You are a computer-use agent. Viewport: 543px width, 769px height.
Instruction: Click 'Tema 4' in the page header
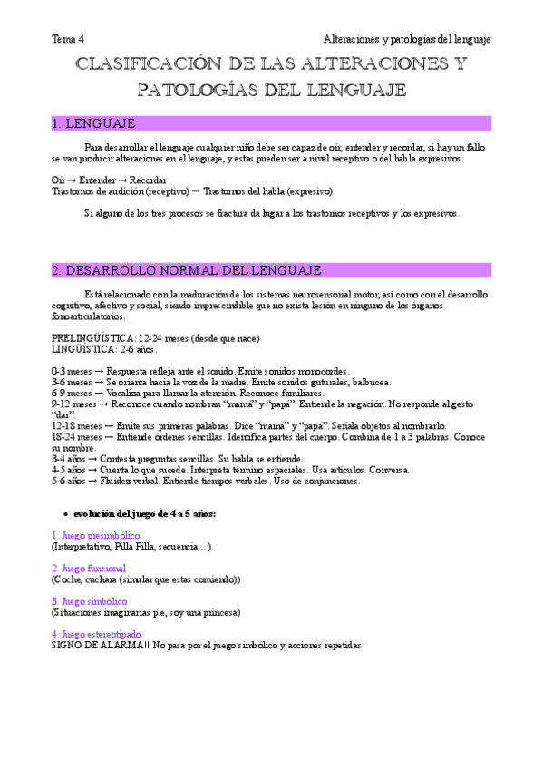click(x=67, y=39)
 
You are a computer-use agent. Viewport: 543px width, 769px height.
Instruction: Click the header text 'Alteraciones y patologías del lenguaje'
click(x=407, y=39)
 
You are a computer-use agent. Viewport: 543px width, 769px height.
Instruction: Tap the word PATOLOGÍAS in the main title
click(x=195, y=90)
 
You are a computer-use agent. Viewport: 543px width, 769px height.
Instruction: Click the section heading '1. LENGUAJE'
click(x=94, y=123)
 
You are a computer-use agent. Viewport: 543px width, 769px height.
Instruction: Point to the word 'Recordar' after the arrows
click(x=149, y=180)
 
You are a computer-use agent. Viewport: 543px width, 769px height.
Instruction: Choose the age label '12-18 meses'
click(x=75, y=426)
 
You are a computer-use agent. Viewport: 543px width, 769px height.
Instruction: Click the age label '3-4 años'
click(x=71, y=459)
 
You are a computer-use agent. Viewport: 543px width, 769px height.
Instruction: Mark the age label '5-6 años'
click(x=71, y=481)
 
